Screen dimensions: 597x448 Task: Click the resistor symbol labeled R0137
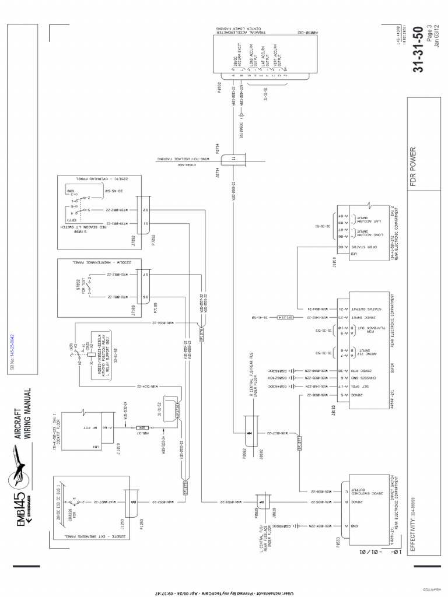(141, 428)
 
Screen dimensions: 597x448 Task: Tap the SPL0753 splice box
(187, 484)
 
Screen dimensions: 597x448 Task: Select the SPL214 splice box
(296, 318)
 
